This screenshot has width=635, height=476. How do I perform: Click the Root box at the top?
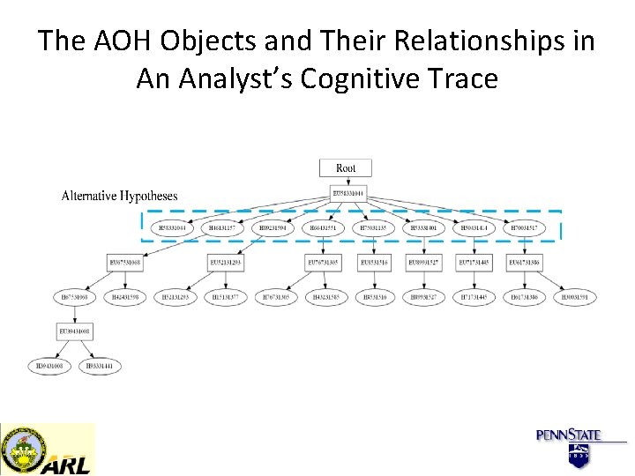point(347,167)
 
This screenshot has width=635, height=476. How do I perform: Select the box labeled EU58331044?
point(347,193)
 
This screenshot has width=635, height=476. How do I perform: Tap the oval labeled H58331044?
point(173,228)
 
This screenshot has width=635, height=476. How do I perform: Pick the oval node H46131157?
point(222,228)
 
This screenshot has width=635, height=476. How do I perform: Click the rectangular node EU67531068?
point(124,262)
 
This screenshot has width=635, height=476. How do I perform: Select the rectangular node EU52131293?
point(225,262)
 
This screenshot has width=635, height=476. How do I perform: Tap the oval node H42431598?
point(124,297)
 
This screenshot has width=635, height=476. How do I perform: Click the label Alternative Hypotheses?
point(119,196)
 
